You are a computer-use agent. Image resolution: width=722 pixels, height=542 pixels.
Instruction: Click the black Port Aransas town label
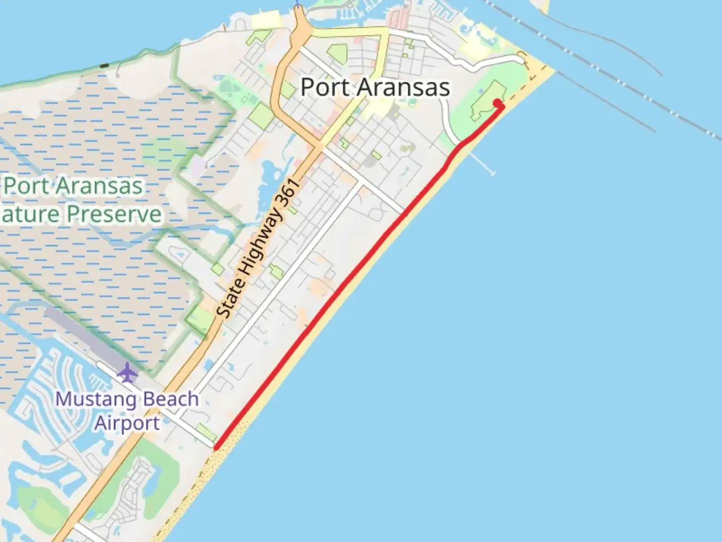tap(375, 87)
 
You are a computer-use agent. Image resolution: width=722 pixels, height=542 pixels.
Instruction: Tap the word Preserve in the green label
tap(115, 214)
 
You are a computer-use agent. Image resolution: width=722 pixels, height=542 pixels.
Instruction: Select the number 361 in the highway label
tap(289, 193)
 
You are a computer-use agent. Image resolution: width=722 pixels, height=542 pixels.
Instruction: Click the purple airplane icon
tap(127, 373)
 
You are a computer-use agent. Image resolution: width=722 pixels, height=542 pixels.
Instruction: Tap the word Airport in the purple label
tap(127, 423)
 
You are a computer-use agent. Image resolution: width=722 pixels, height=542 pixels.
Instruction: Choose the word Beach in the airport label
tap(171, 399)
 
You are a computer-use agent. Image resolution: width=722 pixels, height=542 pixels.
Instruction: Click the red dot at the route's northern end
tap(497, 103)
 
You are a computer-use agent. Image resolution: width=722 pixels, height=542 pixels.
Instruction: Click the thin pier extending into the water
tap(482, 164)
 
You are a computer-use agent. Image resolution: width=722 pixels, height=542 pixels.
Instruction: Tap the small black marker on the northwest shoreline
tap(104, 65)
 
